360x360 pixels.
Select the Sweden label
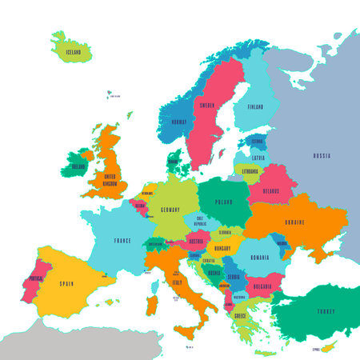208,105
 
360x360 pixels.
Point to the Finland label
254,106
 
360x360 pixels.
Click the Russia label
322,155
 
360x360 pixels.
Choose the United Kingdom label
105,179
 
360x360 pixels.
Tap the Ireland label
78,167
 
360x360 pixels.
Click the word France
122,239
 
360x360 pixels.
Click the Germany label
169,209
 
